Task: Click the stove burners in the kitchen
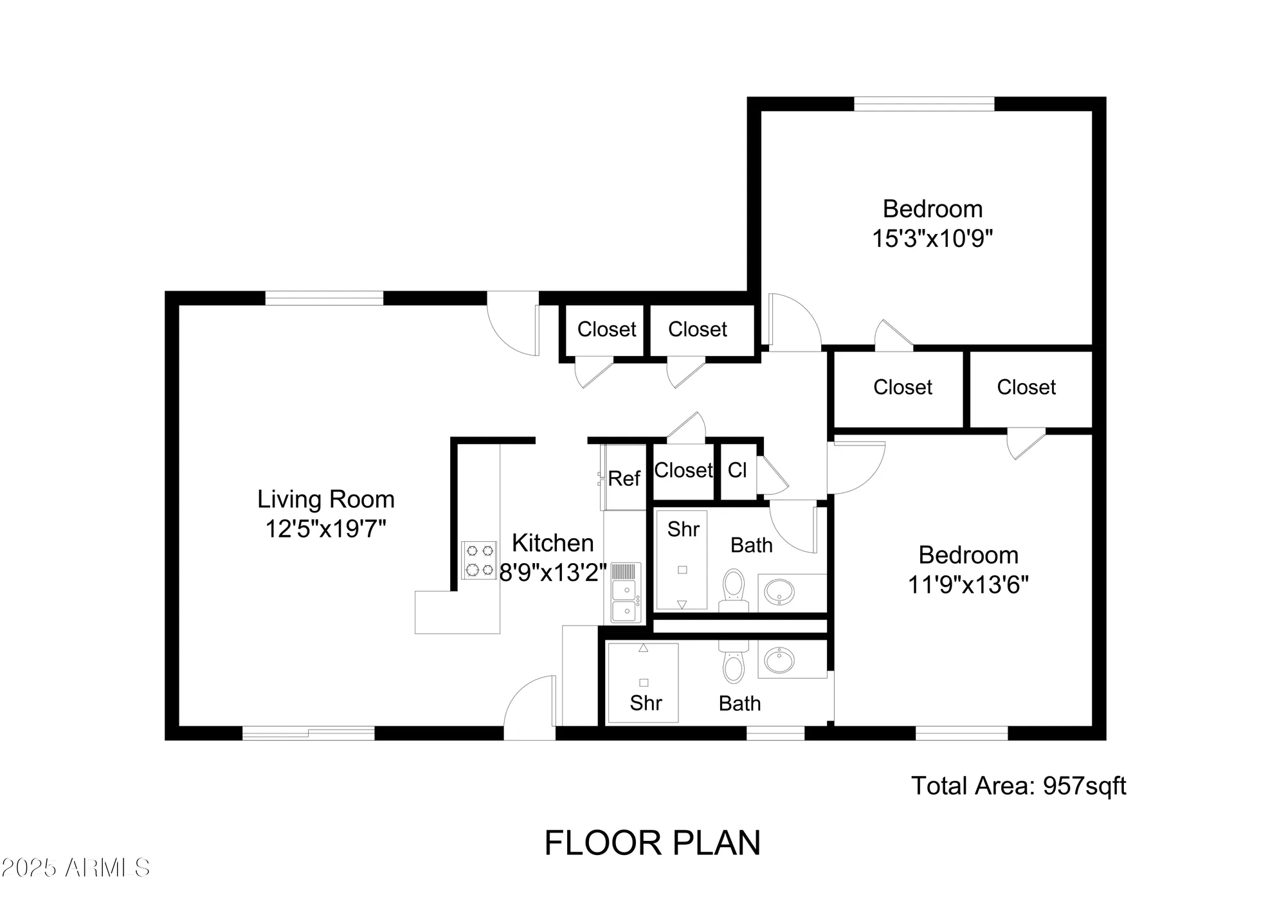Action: tap(480, 560)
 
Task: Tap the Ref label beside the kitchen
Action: tap(624, 478)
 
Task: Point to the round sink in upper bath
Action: tap(780, 591)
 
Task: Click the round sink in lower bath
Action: tap(780, 660)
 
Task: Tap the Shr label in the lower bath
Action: tap(646, 703)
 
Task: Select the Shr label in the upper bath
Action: tap(683, 529)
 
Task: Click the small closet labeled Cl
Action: tap(737, 470)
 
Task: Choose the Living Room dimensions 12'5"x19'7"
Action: tap(325, 529)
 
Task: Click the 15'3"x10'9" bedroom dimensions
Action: tap(932, 239)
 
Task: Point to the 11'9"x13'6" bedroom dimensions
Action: tap(968, 585)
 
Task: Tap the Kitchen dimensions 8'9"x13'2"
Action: tap(553, 572)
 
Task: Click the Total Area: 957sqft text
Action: tap(1019, 786)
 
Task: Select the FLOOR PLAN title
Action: tap(652, 843)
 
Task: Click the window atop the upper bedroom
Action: tap(923, 104)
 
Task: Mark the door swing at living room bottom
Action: tap(529, 707)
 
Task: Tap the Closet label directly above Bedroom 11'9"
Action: tap(1026, 387)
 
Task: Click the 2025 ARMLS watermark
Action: tap(75, 868)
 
